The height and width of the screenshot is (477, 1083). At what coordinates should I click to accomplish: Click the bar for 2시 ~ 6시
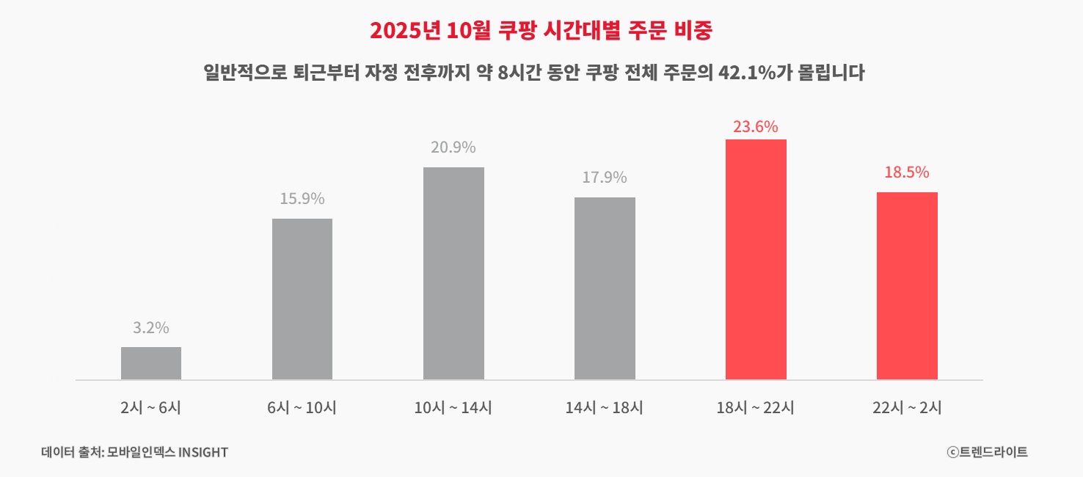point(151,363)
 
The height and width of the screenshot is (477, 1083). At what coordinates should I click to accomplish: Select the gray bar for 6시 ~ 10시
point(302,299)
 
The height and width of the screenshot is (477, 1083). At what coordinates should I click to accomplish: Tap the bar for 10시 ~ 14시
point(453,273)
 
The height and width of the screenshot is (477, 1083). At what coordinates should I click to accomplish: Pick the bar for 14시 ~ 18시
point(605,288)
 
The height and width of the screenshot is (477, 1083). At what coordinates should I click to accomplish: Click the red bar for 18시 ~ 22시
point(756,259)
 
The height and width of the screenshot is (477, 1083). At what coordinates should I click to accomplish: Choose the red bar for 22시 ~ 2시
point(907,285)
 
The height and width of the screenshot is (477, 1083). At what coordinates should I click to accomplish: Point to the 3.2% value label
point(151,328)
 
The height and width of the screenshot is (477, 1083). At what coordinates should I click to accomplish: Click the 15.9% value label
point(302,199)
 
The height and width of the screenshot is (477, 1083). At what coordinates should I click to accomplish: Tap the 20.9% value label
point(453,148)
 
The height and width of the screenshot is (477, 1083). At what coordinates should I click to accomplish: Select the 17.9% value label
point(605,178)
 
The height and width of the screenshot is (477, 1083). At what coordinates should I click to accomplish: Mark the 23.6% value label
point(756,127)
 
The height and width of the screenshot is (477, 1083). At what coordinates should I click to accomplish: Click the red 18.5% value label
point(907,172)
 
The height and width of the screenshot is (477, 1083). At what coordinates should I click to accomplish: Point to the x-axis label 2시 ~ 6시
point(151,408)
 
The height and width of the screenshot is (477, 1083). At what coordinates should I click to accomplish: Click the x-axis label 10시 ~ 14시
point(453,408)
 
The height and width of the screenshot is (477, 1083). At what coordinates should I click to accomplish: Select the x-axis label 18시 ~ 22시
point(756,408)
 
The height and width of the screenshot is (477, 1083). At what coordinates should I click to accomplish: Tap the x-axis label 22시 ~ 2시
point(907,408)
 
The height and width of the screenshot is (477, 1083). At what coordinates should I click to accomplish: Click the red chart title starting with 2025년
point(541,30)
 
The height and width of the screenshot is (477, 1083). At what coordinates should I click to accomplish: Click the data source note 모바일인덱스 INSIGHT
point(167,452)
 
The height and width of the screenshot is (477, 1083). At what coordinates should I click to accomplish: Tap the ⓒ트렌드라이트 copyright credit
point(987,452)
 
